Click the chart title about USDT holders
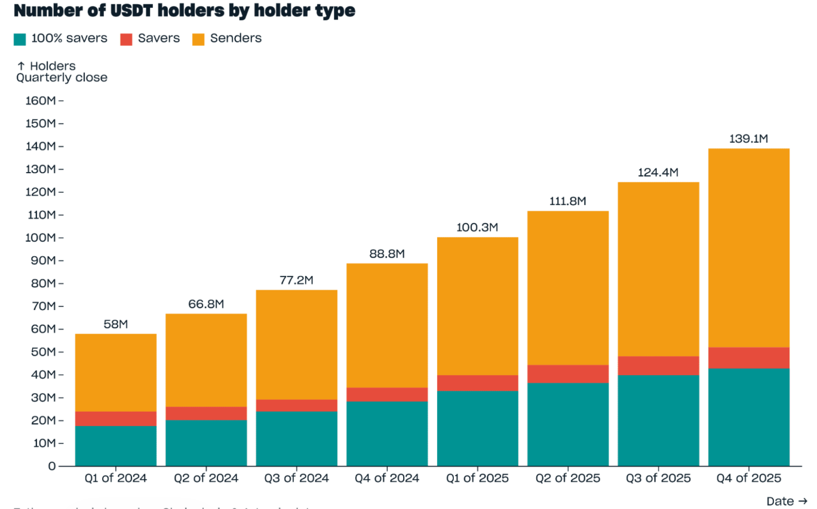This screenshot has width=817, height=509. point(184,11)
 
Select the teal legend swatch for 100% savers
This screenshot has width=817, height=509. point(20,39)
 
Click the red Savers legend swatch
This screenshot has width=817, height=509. point(126,39)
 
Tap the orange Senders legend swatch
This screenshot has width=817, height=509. point(198,39)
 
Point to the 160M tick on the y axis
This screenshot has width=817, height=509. point(41,100)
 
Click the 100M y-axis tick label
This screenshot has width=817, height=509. point(41,238)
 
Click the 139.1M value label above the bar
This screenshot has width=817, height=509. point(748,139)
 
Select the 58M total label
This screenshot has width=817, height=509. point(115,324)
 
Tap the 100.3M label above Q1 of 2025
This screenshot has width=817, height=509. point(477,228)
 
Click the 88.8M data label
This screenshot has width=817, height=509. point(387,254)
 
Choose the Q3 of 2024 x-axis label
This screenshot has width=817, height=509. point(296,479)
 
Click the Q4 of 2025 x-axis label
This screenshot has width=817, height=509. point(748,479)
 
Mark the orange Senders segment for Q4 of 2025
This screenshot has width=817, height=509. point(748,248)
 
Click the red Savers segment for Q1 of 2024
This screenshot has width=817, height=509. point(115,419)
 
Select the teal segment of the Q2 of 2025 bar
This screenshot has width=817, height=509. point(567,424)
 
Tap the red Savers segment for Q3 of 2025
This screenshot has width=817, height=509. point(658,366)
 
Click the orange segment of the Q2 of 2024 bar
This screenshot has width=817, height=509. point(206,360)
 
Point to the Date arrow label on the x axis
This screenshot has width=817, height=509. point(787,501)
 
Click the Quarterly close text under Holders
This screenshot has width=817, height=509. point(62,78)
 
